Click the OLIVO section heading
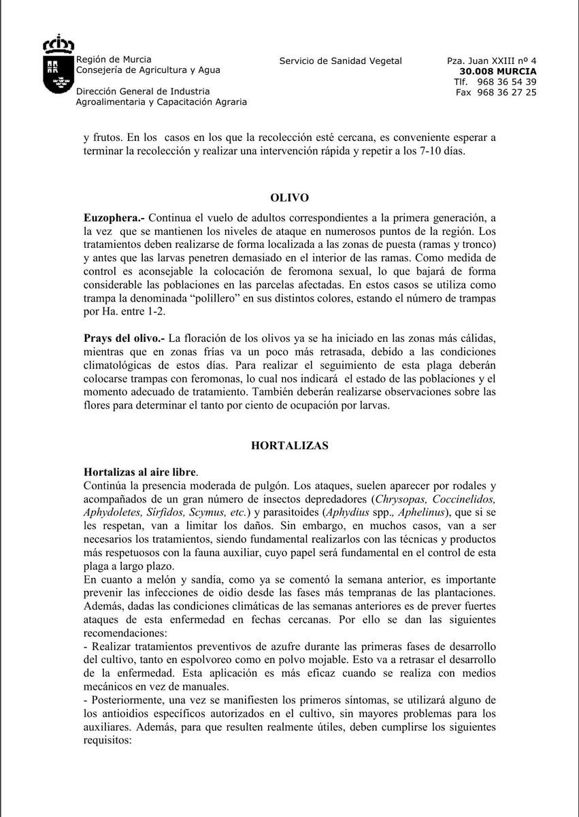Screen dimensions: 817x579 point(289,198)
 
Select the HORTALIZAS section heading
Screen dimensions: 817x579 point(289,446)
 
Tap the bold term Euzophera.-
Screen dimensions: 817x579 point(113,219)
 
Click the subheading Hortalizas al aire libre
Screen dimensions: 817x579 point(140,472)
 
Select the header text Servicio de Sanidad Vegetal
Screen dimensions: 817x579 point(340,61)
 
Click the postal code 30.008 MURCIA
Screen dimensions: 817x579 point(497,71)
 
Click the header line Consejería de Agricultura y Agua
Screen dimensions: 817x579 point(148,70)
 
